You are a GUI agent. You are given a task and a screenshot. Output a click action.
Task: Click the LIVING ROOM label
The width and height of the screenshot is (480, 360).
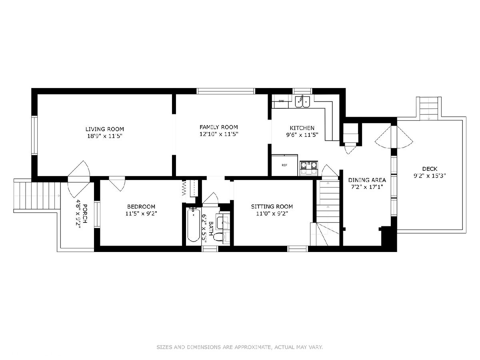tap(104, 129)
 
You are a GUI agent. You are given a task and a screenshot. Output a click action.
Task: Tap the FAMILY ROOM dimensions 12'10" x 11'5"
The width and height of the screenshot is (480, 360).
tap(219, 134)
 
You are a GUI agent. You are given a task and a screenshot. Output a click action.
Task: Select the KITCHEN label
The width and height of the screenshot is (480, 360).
tap(302, 128)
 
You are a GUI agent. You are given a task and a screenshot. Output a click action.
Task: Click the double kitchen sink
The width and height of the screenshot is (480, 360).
tap(303, 102)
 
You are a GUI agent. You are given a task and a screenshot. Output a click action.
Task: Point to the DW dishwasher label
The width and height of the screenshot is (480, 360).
tap(281, 101)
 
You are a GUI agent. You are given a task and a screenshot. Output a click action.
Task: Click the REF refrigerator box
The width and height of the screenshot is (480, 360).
tap(284, 165)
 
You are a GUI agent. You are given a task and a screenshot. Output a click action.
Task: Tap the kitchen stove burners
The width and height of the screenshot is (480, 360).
tap(309, 168)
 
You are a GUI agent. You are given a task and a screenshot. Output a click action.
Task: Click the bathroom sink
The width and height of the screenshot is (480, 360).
tap(223, 222)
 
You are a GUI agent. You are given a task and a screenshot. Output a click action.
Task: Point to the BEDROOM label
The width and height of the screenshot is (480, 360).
tap(141, 206)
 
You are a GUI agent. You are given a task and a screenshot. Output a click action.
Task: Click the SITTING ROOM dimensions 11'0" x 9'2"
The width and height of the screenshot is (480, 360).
tap(272, 213)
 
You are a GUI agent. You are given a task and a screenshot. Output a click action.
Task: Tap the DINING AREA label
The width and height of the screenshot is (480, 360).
tap(367, 180)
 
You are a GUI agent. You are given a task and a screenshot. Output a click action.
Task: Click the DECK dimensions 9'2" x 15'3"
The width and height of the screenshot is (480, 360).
tap(430, 176)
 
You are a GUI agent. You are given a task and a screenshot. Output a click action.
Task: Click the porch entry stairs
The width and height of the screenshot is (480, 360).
tap(37, 195)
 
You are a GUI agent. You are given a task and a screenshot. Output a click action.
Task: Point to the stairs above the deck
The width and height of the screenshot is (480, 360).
tap(429, 108)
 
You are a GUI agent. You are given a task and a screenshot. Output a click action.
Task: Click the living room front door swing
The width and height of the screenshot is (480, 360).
tap(79, 168)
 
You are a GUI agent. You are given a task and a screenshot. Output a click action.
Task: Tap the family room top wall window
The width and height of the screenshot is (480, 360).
tap(226, 91)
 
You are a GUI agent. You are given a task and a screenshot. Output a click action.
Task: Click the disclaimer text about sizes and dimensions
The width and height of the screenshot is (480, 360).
tap(240, 347)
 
